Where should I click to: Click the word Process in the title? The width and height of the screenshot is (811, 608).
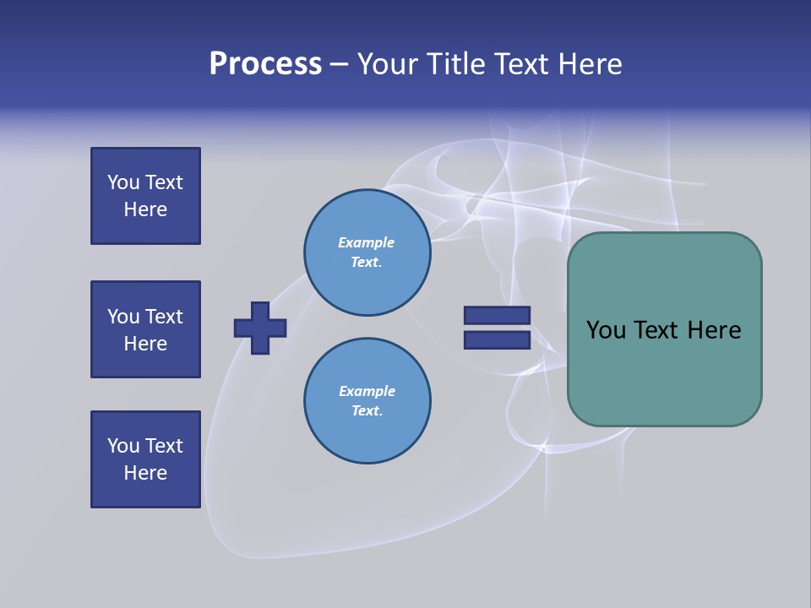click(265, 64)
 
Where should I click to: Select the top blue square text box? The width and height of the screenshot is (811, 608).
click(145, 196)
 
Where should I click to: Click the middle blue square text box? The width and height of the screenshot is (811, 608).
click(145, 329)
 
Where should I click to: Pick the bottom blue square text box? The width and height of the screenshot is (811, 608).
click(145, 459)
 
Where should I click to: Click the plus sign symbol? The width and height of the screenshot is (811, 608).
click(260, 328)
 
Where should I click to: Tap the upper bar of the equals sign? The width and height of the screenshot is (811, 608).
click(497, 315)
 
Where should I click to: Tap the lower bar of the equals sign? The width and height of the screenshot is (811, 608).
click(497, 340)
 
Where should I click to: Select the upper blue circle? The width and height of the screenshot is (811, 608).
click(367, 252)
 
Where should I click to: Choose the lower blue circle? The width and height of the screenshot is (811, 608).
click(367, 401)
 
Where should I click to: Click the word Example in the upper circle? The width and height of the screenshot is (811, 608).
click(367, 242)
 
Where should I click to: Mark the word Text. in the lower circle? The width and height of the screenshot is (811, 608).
click(367, 411)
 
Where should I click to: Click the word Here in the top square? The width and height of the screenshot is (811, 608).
click(145, 209)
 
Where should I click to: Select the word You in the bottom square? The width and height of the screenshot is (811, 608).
click(123, 446)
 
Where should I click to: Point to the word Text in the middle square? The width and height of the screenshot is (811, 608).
click(164, 317)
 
